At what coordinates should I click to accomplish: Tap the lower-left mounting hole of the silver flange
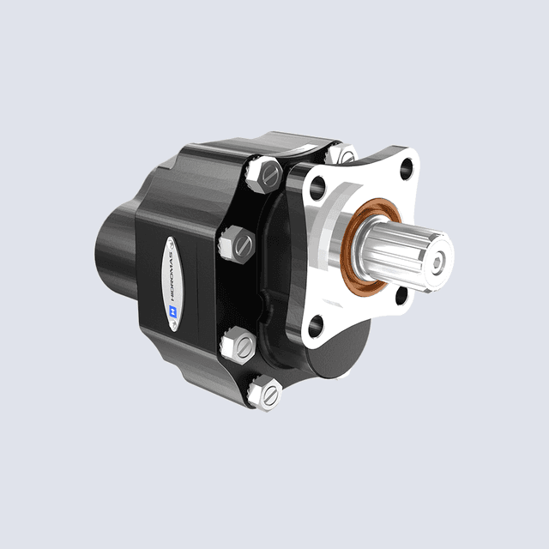pyautogui.click(x=316, y=325)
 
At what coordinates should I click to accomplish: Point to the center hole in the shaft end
pyautogui.click(x=439, y=261)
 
